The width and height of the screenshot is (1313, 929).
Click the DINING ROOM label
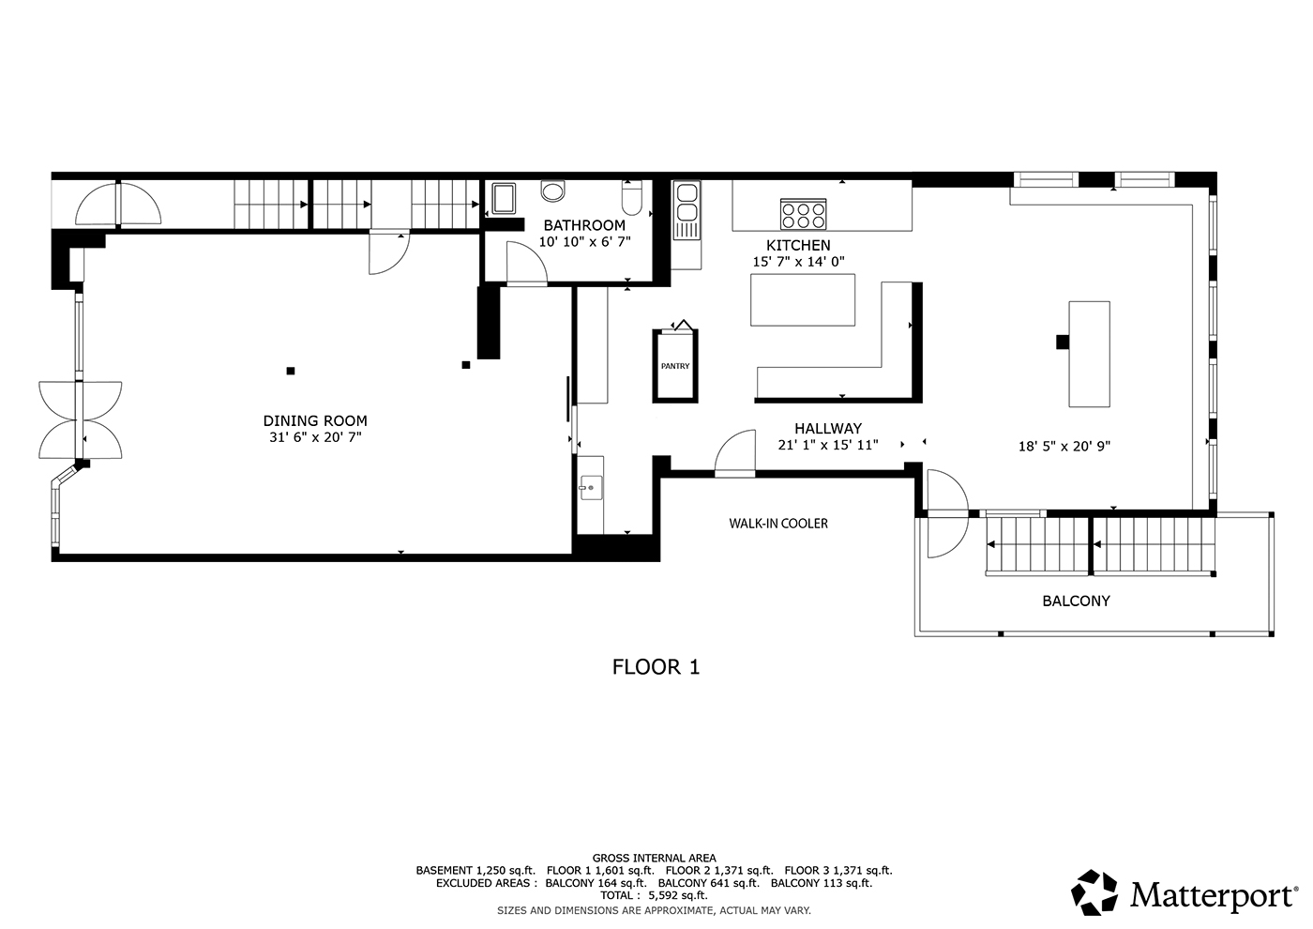[x=315, y=420]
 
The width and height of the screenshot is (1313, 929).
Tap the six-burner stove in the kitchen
[x=803, y=214]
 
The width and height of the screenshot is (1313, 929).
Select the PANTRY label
[x=675, y=366]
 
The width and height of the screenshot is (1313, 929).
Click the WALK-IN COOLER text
[x=778, y=524]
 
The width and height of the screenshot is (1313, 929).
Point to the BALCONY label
[x=1077, y=601]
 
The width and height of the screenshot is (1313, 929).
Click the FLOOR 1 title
[x=656, y=667]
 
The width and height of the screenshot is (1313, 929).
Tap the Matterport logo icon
[x=1094, y=892]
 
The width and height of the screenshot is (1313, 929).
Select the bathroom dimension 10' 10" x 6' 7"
[x=584, y=242]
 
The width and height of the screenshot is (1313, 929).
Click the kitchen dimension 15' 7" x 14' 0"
[x=798, y=262]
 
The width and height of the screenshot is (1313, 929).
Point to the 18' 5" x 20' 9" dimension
[x=1064, y=447]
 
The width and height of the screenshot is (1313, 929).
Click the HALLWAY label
[x=828, y=429]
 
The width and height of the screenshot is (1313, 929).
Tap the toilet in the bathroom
[x=632, y=198]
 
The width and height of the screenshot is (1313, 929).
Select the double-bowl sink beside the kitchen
[x=687, y=210]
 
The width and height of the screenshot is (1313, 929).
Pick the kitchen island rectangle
[x=803, y=299]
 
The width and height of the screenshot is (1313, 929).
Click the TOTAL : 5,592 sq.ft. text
[x=655, y=895]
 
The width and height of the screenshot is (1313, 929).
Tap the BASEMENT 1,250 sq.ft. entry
[x=475, y=871]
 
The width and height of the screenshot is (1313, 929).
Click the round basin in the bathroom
[x=552, y=190]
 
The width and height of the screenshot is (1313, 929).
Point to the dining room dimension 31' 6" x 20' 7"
[x=315, y=437]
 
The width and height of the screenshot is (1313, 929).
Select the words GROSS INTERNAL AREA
[x=655, y=858]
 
